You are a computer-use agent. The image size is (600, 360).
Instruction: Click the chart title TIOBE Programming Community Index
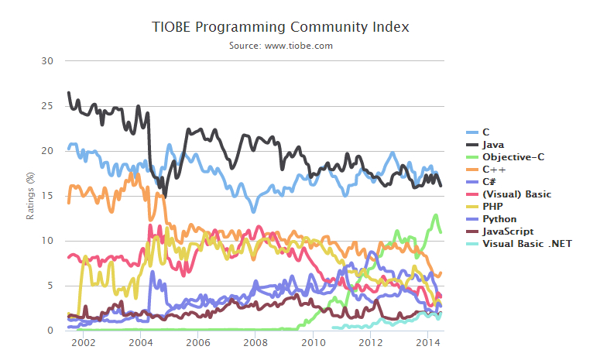pos(281,27)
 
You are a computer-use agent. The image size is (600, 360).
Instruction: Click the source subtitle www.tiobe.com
pos(281,46)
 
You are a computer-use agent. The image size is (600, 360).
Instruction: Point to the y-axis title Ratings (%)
pos(31,195)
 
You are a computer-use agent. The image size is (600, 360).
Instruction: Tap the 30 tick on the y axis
pos(48,60)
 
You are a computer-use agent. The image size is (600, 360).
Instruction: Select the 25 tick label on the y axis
pos(48,105)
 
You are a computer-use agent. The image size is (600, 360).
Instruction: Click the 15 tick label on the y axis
pos(48,195)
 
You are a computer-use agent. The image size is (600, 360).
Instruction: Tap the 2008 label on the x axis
pos(255,342)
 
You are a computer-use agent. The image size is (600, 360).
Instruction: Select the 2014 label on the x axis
pos(428,342)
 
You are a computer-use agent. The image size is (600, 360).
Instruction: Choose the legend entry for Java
pos(494,145)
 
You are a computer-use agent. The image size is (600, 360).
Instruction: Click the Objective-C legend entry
pos(513,157)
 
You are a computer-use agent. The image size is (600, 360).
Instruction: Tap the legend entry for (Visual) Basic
pos(516,194)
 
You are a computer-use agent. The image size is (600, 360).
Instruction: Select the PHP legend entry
pos(493,207)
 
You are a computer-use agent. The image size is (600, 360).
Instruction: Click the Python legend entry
pos(499,219)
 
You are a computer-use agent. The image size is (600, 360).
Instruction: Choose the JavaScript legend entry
pos(508,231)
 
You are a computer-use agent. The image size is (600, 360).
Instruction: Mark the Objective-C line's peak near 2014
pos(437,215)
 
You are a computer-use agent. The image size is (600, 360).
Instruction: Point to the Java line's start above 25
pos(69,93)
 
